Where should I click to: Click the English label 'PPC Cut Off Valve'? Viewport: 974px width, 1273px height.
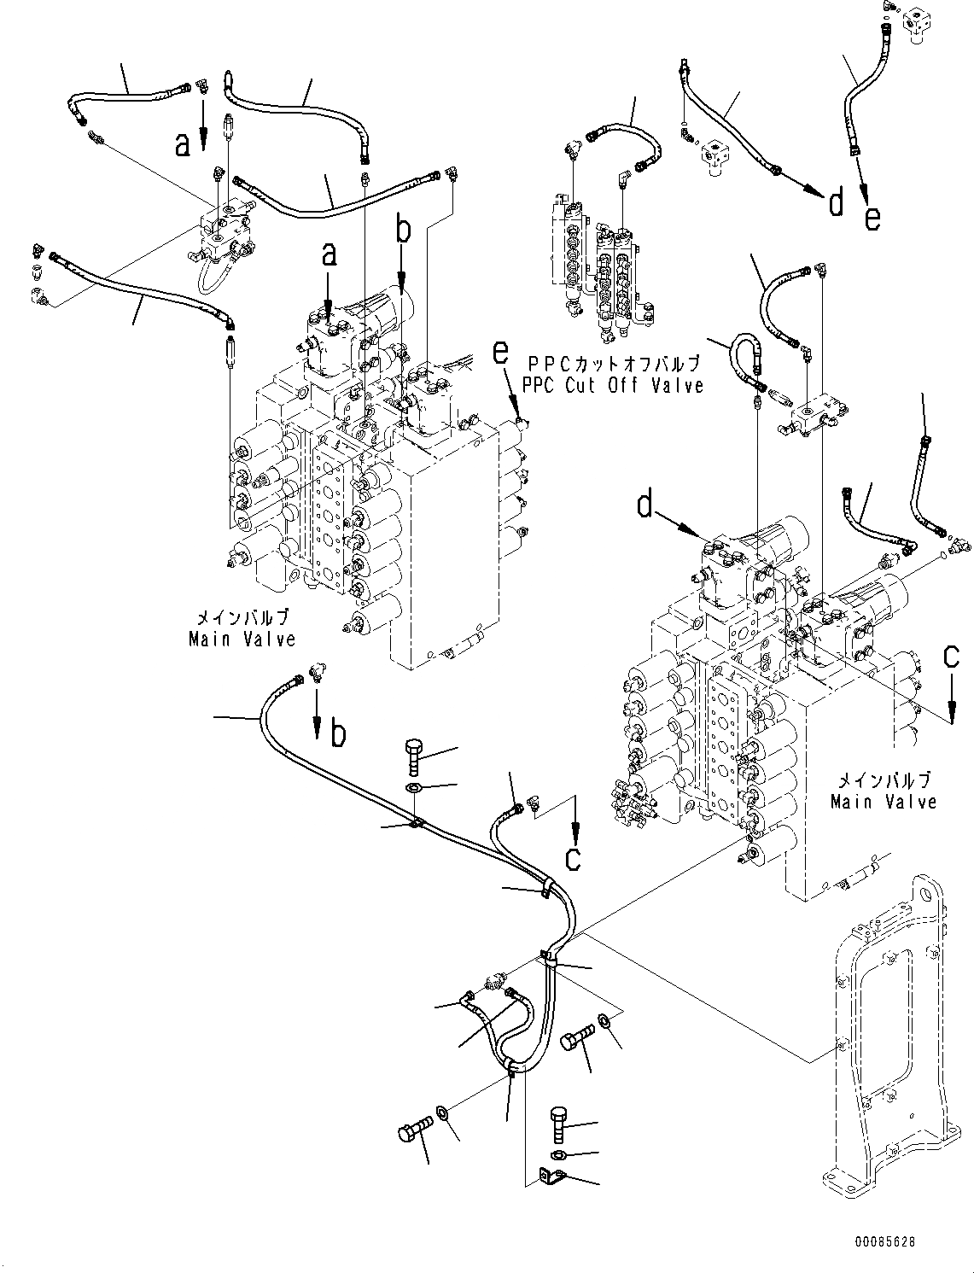pyautogui.click(x=614, y=386)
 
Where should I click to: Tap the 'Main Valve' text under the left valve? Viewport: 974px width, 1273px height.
pyautogui.click(x=242, y=639)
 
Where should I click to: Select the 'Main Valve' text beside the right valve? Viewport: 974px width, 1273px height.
pyautogui.click(x=884, y=802)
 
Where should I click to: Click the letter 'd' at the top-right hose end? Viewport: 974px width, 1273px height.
pyautogui.click(x=836, y=202)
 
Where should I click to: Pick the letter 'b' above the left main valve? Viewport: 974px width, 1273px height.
pyautogui.click(x=404, y=231)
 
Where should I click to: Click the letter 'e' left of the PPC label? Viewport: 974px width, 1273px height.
pyautogui.click(x=501, y=350)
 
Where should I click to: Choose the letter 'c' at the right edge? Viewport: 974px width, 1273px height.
pyautogui.click(x=951, y=657)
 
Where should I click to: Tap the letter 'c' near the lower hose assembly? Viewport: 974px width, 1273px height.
pyautogui.click(x=573, y=858)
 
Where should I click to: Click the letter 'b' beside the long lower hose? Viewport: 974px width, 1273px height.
pyautogui.click(x=339, y=733)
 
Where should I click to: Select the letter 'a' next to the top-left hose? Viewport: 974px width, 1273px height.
pyautogui.click(x=182, y=145)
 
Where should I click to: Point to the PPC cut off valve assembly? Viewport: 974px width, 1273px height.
pyautogui.click(x=598, y=265)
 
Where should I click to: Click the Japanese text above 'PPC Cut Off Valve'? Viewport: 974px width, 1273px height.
pyautogui.click(x=614, y=363)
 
